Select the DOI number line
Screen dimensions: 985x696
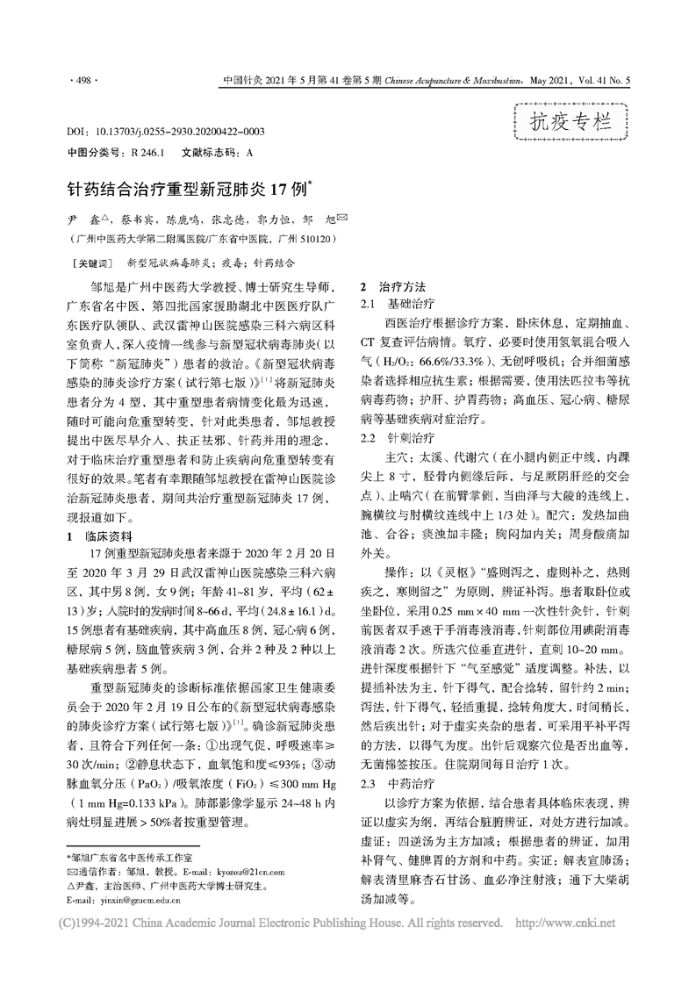tap(166, 132)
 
